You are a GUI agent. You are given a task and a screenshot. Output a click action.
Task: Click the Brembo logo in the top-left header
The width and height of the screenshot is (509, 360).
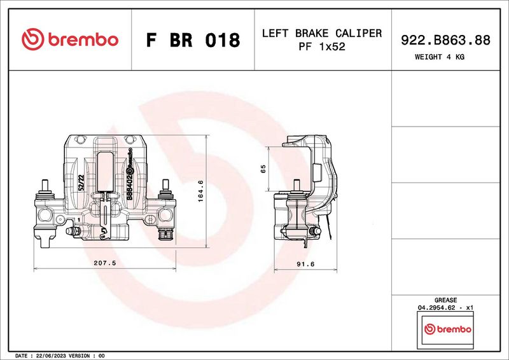pyautogui.click(x=70, y=39)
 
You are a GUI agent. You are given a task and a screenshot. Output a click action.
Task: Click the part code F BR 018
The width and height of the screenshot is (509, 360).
pyautogui.click(x=193, y=40)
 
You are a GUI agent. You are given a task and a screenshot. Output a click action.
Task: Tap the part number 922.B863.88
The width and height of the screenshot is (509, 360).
pyautogui.click(x=445, y=39)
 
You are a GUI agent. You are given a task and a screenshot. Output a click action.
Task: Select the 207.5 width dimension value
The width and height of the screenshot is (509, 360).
pyautogui.click(x=104, y=262)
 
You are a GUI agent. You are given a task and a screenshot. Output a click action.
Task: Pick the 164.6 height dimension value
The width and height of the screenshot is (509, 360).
pyautogui.click(x=200, y=191)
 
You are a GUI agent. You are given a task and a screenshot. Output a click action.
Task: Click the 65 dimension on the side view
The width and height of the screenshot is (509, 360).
pyautogui.click(x=263, y=169)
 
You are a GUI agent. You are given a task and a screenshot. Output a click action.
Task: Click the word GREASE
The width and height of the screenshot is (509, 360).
pyautogui.click(x=445, y=300)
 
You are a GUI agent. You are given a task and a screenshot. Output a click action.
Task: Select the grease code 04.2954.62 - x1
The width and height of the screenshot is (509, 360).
pyautogui.click(x=445, y=308)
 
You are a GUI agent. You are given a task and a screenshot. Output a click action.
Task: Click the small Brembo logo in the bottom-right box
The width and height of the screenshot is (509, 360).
pyautogui.click(x=447, y=329)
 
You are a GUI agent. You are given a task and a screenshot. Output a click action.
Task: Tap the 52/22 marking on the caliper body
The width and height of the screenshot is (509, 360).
pyautogui.click(x=81, y=183)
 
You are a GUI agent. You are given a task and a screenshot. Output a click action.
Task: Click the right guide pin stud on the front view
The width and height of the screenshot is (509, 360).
pyautogui.click(x=165, y=188)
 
